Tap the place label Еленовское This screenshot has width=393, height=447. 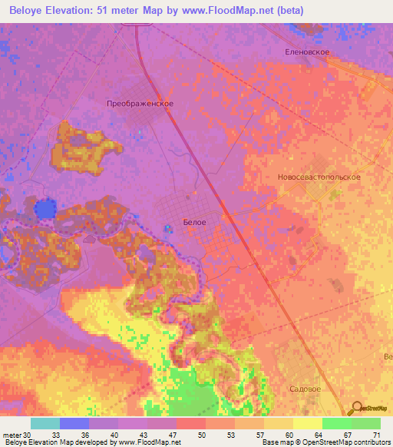point(306,51)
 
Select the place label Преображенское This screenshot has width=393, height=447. point(140,103)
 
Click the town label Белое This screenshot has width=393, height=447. point(194,222)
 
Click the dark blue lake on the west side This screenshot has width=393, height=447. point(46,208)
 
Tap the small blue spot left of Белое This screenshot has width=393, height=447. point(168,228)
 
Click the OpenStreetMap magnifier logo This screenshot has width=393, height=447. point(357,408)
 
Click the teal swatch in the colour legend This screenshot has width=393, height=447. point(45,423)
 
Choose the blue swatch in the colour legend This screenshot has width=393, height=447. point(74,423)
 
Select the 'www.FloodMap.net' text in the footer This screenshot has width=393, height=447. point(149,442)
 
